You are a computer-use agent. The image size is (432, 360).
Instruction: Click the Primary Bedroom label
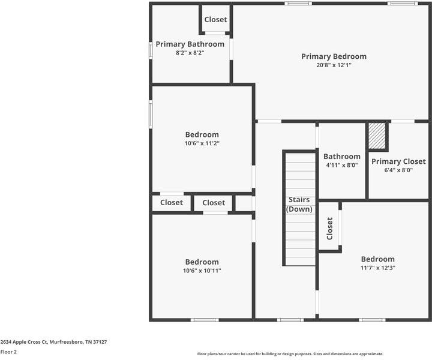pos(334,56)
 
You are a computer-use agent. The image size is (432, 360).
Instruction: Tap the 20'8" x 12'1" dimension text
pos(334,65)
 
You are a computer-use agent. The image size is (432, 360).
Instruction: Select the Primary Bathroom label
pos(190,44)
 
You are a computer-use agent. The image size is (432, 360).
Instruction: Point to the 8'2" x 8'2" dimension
pos(190,53)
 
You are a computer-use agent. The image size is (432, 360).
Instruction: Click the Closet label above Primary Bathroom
pos(215,20)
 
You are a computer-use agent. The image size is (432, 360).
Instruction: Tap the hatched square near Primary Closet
pos(377,137)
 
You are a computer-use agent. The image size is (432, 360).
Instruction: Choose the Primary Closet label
pos(398,161)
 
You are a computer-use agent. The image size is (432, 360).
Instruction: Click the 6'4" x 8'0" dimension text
pos(398,170)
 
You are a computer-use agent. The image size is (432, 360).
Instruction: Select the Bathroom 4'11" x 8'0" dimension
pos(342,165)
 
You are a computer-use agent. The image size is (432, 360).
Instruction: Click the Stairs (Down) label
pos(299,204)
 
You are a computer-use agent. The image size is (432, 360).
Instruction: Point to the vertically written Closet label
pos(329,229)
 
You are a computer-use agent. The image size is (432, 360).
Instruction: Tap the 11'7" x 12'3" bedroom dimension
pos(377,268)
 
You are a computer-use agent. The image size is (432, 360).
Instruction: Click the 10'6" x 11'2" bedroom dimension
pos(202,143)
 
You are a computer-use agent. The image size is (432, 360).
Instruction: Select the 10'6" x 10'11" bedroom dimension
pos(202,271)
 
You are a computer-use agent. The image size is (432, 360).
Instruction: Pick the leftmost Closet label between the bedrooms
pos(171,203)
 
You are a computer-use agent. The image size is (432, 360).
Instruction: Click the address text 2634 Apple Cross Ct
pos(53,341)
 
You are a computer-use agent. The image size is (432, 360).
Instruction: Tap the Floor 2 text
pos(8,352)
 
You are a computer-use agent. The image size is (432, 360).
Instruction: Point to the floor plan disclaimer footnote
pos(290,354)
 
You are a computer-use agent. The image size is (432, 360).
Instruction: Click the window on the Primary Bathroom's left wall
pos(151,50)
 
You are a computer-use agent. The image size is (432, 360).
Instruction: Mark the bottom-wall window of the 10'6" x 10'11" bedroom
pos(204,320)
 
